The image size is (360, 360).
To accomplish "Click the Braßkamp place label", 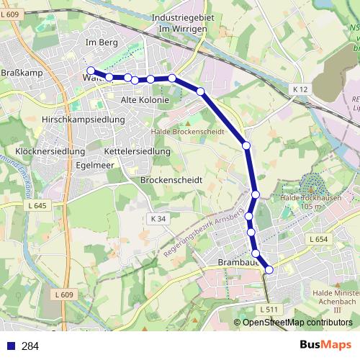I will click(19, 72).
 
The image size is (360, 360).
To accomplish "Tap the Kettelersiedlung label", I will click(137, 152).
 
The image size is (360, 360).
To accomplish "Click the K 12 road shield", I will click(300, 89).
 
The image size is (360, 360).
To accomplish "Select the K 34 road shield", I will click(158, 219).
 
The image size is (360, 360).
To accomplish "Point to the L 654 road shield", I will click(318, 239).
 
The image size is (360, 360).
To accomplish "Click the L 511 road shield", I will click(267, 310).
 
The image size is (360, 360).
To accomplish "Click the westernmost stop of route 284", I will click(91, 71).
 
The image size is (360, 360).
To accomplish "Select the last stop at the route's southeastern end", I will click(269, 269).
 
